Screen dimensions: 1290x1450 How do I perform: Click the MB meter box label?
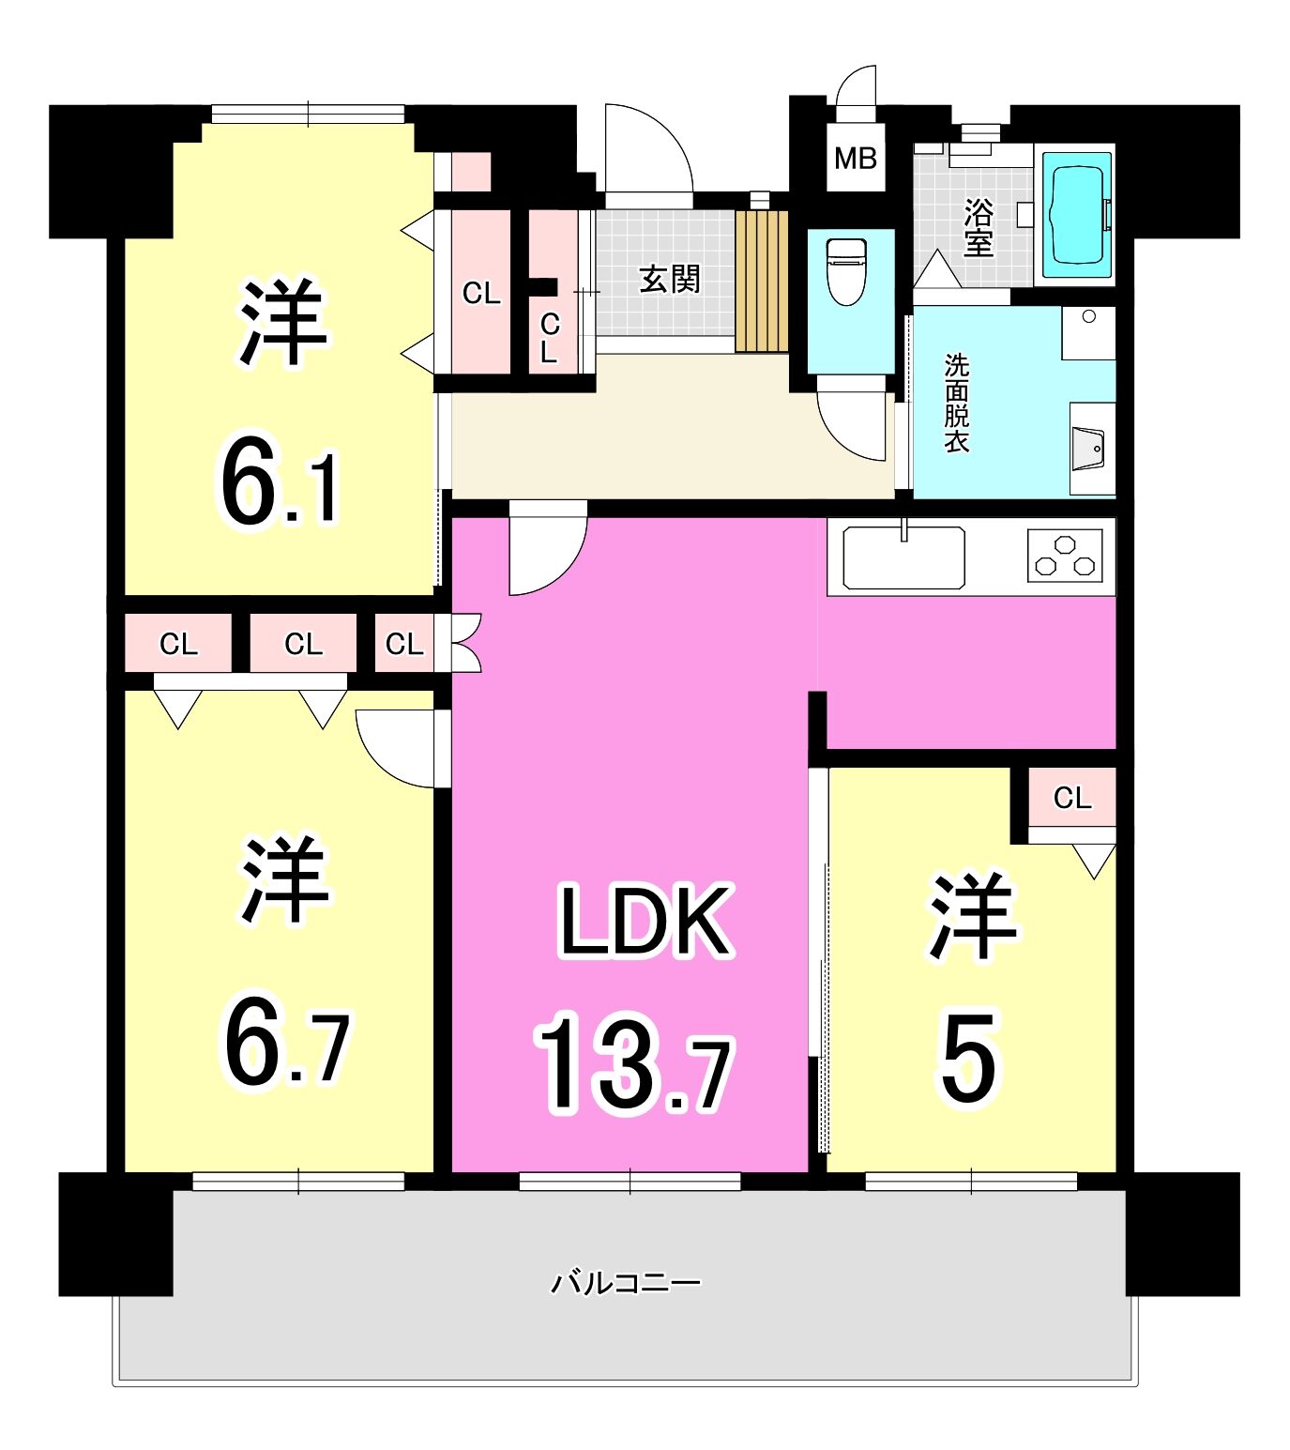[x=855, y=159]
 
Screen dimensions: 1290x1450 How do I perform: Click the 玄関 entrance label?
[x=670, y=279]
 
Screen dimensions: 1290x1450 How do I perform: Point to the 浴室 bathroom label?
[x=978, y=228]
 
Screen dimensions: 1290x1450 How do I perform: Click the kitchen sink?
[x=903, y=557]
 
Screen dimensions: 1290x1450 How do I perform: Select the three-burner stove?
[x=1065, y=556]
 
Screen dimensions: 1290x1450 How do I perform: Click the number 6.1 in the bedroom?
[x=279, y=480]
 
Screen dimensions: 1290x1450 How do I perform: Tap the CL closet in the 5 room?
[x=1071, y=798]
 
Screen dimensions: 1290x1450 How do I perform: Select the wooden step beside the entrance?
[x=762, y=281]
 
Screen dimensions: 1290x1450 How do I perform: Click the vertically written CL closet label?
[x=550, y=338]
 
